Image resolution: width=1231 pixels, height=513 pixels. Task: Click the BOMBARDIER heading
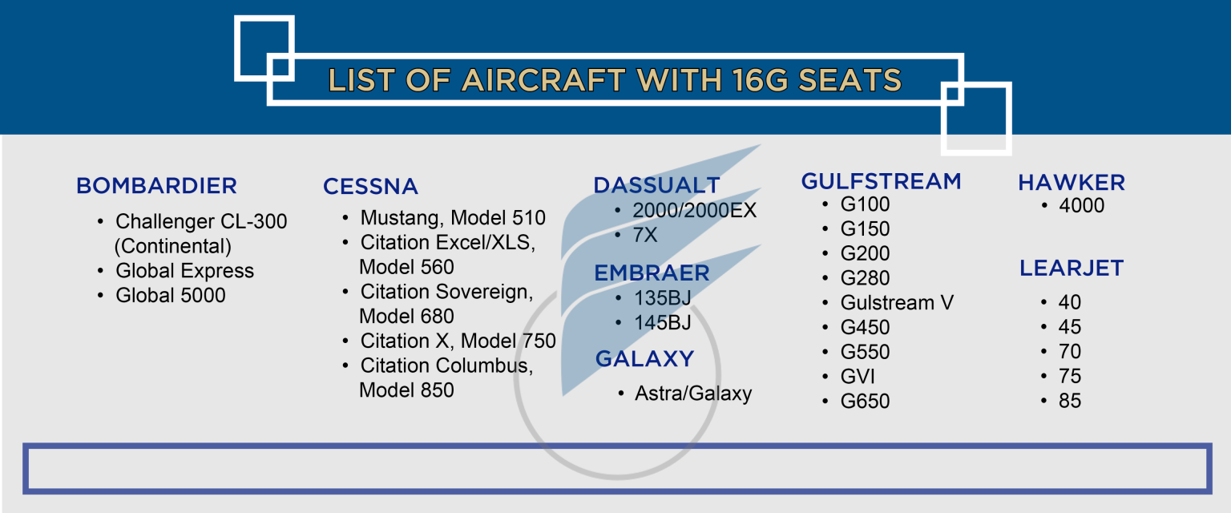(156, 186)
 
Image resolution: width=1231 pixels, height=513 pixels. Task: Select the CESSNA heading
(370, 187)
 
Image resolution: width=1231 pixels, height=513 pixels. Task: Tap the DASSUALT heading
(656, 185)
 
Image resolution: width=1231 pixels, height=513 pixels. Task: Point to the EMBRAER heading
(652, 273)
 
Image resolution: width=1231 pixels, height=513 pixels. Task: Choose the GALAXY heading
(644, 358)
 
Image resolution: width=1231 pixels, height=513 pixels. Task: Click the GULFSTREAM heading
(881, 181)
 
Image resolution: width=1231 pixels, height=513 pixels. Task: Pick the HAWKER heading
(1072, 183)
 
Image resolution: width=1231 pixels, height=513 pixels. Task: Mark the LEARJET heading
(1072, 269)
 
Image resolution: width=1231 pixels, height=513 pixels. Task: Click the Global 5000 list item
(171, 296)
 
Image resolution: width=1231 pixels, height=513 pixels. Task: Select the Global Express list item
(184, 271)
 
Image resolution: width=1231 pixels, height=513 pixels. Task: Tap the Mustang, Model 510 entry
(453, 218)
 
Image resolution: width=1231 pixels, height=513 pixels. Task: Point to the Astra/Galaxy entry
(693, 394)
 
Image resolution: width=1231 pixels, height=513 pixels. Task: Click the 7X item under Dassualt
(645, 236)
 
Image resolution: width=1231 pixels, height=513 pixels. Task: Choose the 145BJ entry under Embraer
(662, 322)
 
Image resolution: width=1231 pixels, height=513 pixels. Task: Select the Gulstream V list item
(897, 303)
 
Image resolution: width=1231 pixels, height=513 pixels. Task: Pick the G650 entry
(865, 402)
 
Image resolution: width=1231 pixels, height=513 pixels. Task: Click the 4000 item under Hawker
(1081, 206)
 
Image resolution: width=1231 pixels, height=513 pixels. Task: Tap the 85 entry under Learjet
(1069, 401)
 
